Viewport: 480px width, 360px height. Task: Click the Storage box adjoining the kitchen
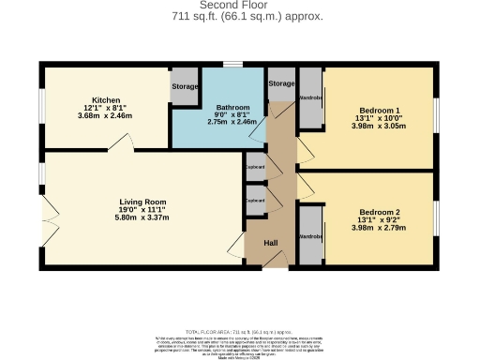[185, 87]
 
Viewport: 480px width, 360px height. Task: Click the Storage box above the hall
[280, 84]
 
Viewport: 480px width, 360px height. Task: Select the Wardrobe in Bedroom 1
[310, 97]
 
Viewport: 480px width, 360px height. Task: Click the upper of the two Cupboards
[255, 167]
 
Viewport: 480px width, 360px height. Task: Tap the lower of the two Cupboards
[255, 200]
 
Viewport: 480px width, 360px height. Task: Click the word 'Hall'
[270, 244]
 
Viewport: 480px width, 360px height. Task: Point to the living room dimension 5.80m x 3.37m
[142, 217]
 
